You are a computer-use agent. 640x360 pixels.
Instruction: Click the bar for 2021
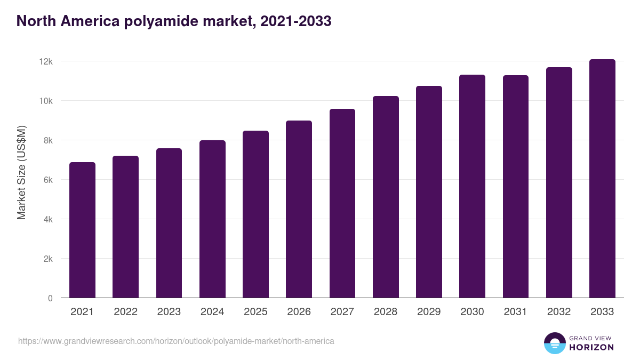pos(82,230)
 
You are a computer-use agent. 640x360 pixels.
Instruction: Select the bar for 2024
pos(212,219)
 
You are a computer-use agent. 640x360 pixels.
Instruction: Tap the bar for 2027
pos(342,203)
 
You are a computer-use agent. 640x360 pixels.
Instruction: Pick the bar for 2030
pos(472,186)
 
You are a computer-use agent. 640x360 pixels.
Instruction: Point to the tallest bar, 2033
pos(602,179)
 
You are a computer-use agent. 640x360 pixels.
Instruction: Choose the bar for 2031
pos(515,187)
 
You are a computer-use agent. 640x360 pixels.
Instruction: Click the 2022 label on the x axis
pos(125,312)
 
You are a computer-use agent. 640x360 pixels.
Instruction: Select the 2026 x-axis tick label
pos(299,312)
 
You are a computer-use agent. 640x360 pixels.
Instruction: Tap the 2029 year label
pos(429,312)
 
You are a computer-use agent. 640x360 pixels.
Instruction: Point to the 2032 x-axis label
pos(559,312)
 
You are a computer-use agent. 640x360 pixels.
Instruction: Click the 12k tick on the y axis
pos(46,61)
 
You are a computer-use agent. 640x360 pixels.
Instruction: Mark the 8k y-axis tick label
pos(47,140)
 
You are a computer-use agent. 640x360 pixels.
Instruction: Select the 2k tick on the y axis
pos(47,259)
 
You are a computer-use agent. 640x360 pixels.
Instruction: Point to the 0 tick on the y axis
pos(50,298)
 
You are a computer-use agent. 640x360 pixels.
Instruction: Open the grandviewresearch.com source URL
pos(176,341)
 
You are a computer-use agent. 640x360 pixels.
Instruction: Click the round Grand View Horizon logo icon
pos(555,343)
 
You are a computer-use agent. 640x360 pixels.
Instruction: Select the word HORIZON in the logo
pos(591,347)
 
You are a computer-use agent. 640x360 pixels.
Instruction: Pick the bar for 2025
pos(255,214)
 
